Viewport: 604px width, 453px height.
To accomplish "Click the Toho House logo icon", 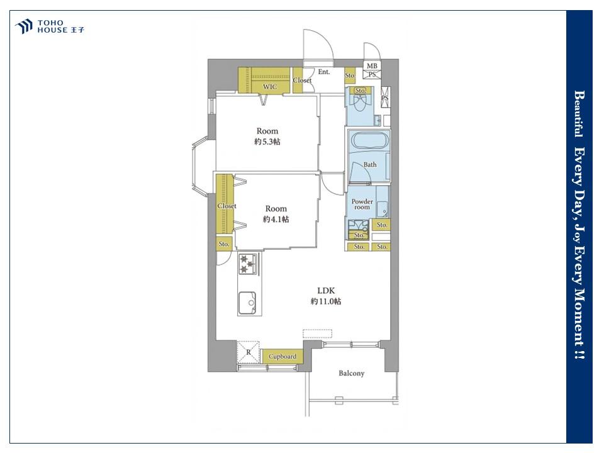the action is click(23, 26).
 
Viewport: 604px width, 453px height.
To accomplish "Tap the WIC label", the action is click(270, 87).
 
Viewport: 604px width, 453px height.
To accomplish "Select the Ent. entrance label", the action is click(324, 72).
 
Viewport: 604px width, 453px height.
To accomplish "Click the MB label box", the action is click(372, 66).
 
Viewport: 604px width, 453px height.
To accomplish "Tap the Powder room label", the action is click(362, 204).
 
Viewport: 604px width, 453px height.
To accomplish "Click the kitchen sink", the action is click(247, 303).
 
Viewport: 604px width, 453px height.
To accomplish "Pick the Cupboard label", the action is click(282, 357).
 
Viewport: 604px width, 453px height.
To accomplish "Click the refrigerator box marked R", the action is click(248, 352).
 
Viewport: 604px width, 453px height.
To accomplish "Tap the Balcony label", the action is click(351, 373).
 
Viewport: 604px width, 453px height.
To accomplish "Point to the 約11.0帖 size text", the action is click(326, 301).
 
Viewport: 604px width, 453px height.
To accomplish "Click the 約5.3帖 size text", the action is click(267, 142).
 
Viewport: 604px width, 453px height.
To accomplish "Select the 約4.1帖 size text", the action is click(276, 220).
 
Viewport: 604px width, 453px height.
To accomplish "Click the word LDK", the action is click(326, 291).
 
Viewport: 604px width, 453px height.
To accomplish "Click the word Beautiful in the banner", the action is click(579, 114).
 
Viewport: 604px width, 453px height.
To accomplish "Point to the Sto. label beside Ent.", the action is click(350, 75).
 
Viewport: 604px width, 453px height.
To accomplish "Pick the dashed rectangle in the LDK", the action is click(317, 333).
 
